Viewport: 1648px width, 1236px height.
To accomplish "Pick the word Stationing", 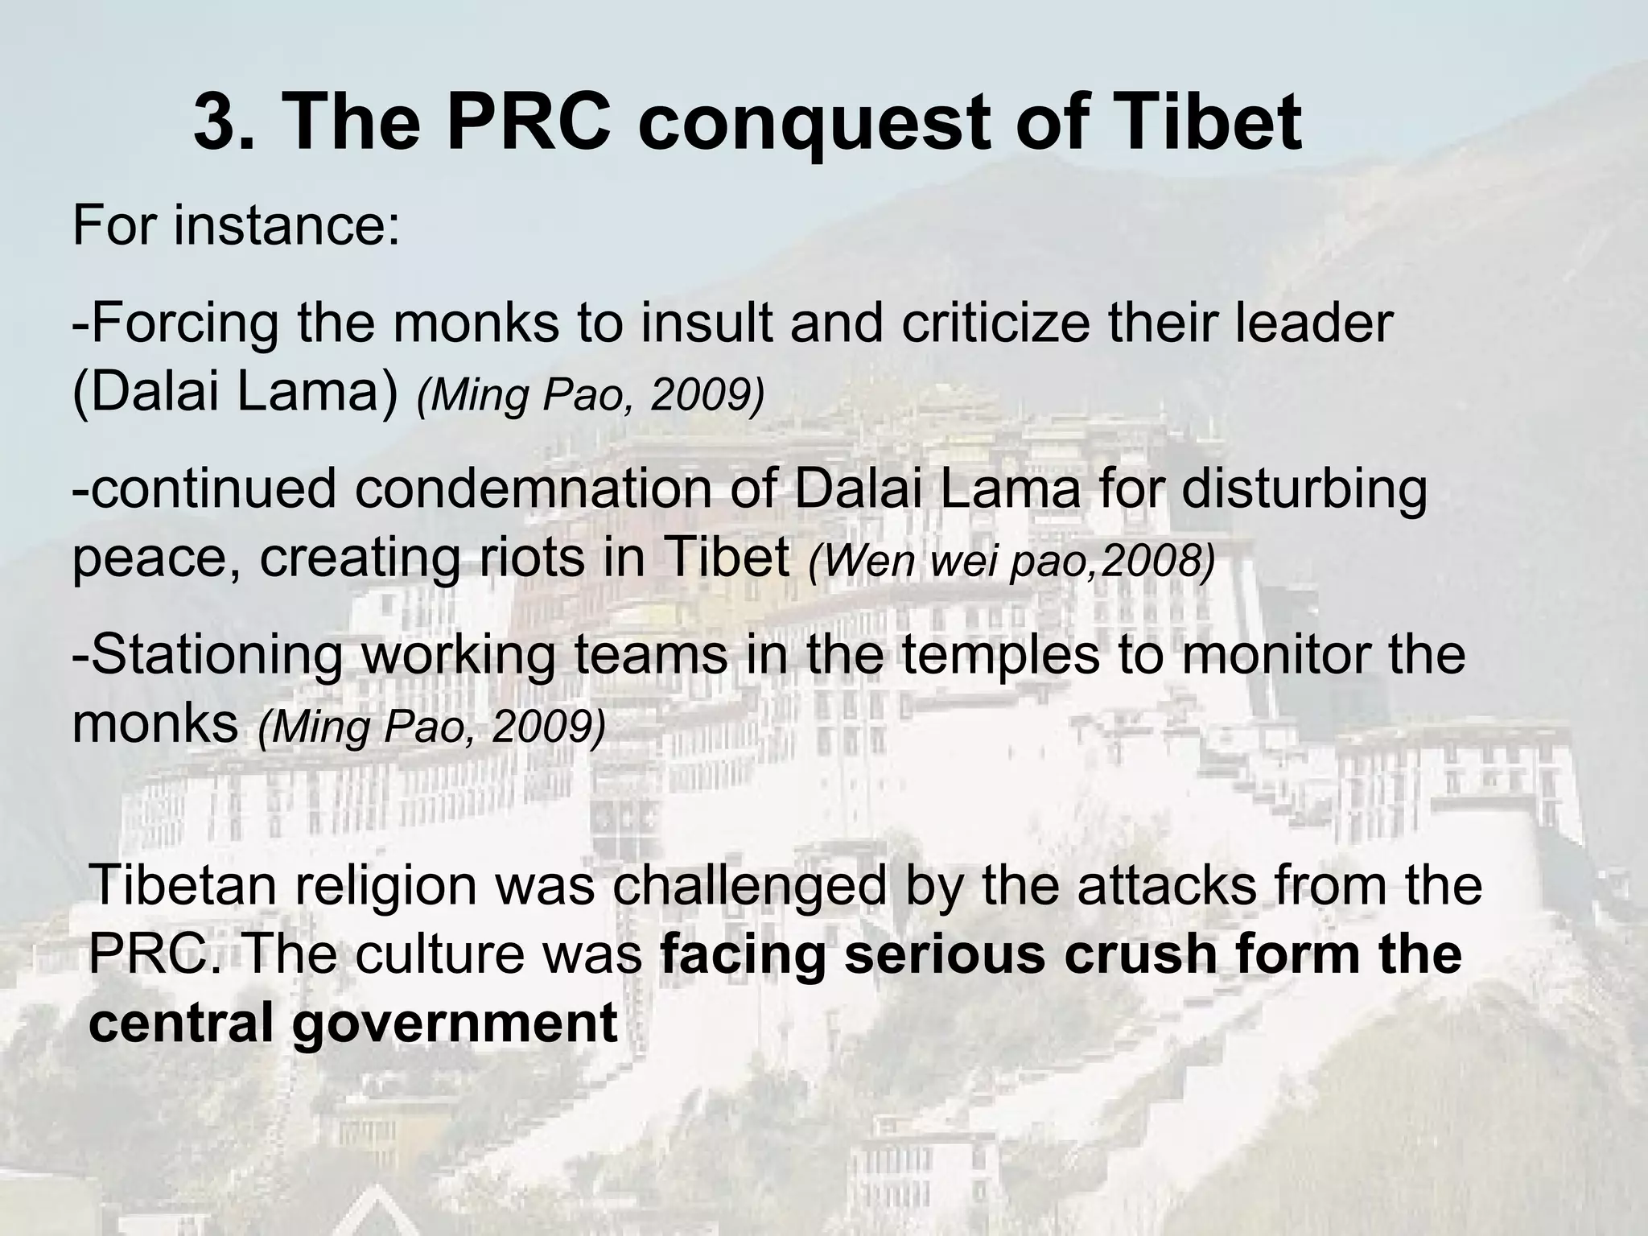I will tap(208, 655).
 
